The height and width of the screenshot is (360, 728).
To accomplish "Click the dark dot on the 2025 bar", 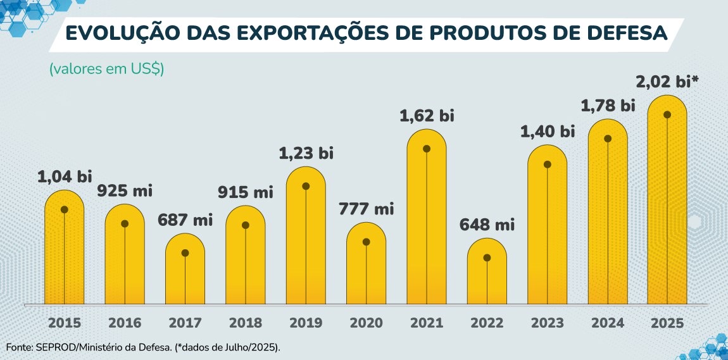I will tap(667, 115).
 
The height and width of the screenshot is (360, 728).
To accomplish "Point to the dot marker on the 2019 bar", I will tap(306, 186).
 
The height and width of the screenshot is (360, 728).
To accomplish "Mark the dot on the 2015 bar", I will tap(64, 209).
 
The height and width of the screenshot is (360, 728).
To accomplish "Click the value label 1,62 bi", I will tap(427, 116).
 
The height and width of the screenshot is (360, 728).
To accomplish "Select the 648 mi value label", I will tap(487, 224).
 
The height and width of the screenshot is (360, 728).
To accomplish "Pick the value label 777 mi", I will tap(367, 208).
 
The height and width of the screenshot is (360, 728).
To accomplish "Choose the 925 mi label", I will tap(125, 190).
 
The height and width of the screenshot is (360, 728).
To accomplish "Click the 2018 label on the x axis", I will tap(246, 323).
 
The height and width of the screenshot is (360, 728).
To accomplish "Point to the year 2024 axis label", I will tap(608, 323).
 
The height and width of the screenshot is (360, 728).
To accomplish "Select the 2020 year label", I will tap(367, 323).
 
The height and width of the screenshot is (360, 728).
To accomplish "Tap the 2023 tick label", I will tap(548, 323).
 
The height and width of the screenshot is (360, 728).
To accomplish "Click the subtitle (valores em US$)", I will tap(106, 69).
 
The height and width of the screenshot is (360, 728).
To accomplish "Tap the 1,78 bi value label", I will tap(608, 105).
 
